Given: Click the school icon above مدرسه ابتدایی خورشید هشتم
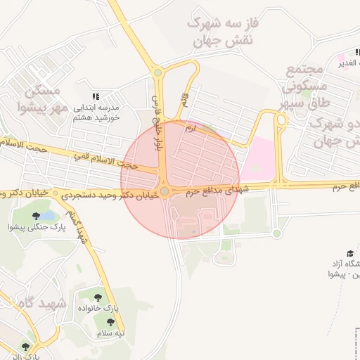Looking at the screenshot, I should tap(96, 96).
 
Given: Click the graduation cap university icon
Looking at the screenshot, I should tap(349, 253).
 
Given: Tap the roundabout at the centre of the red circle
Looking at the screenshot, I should tap(165, 191).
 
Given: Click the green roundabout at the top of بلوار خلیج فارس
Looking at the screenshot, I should tap(157, 72).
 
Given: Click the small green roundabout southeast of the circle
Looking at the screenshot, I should tap(277, 233).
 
